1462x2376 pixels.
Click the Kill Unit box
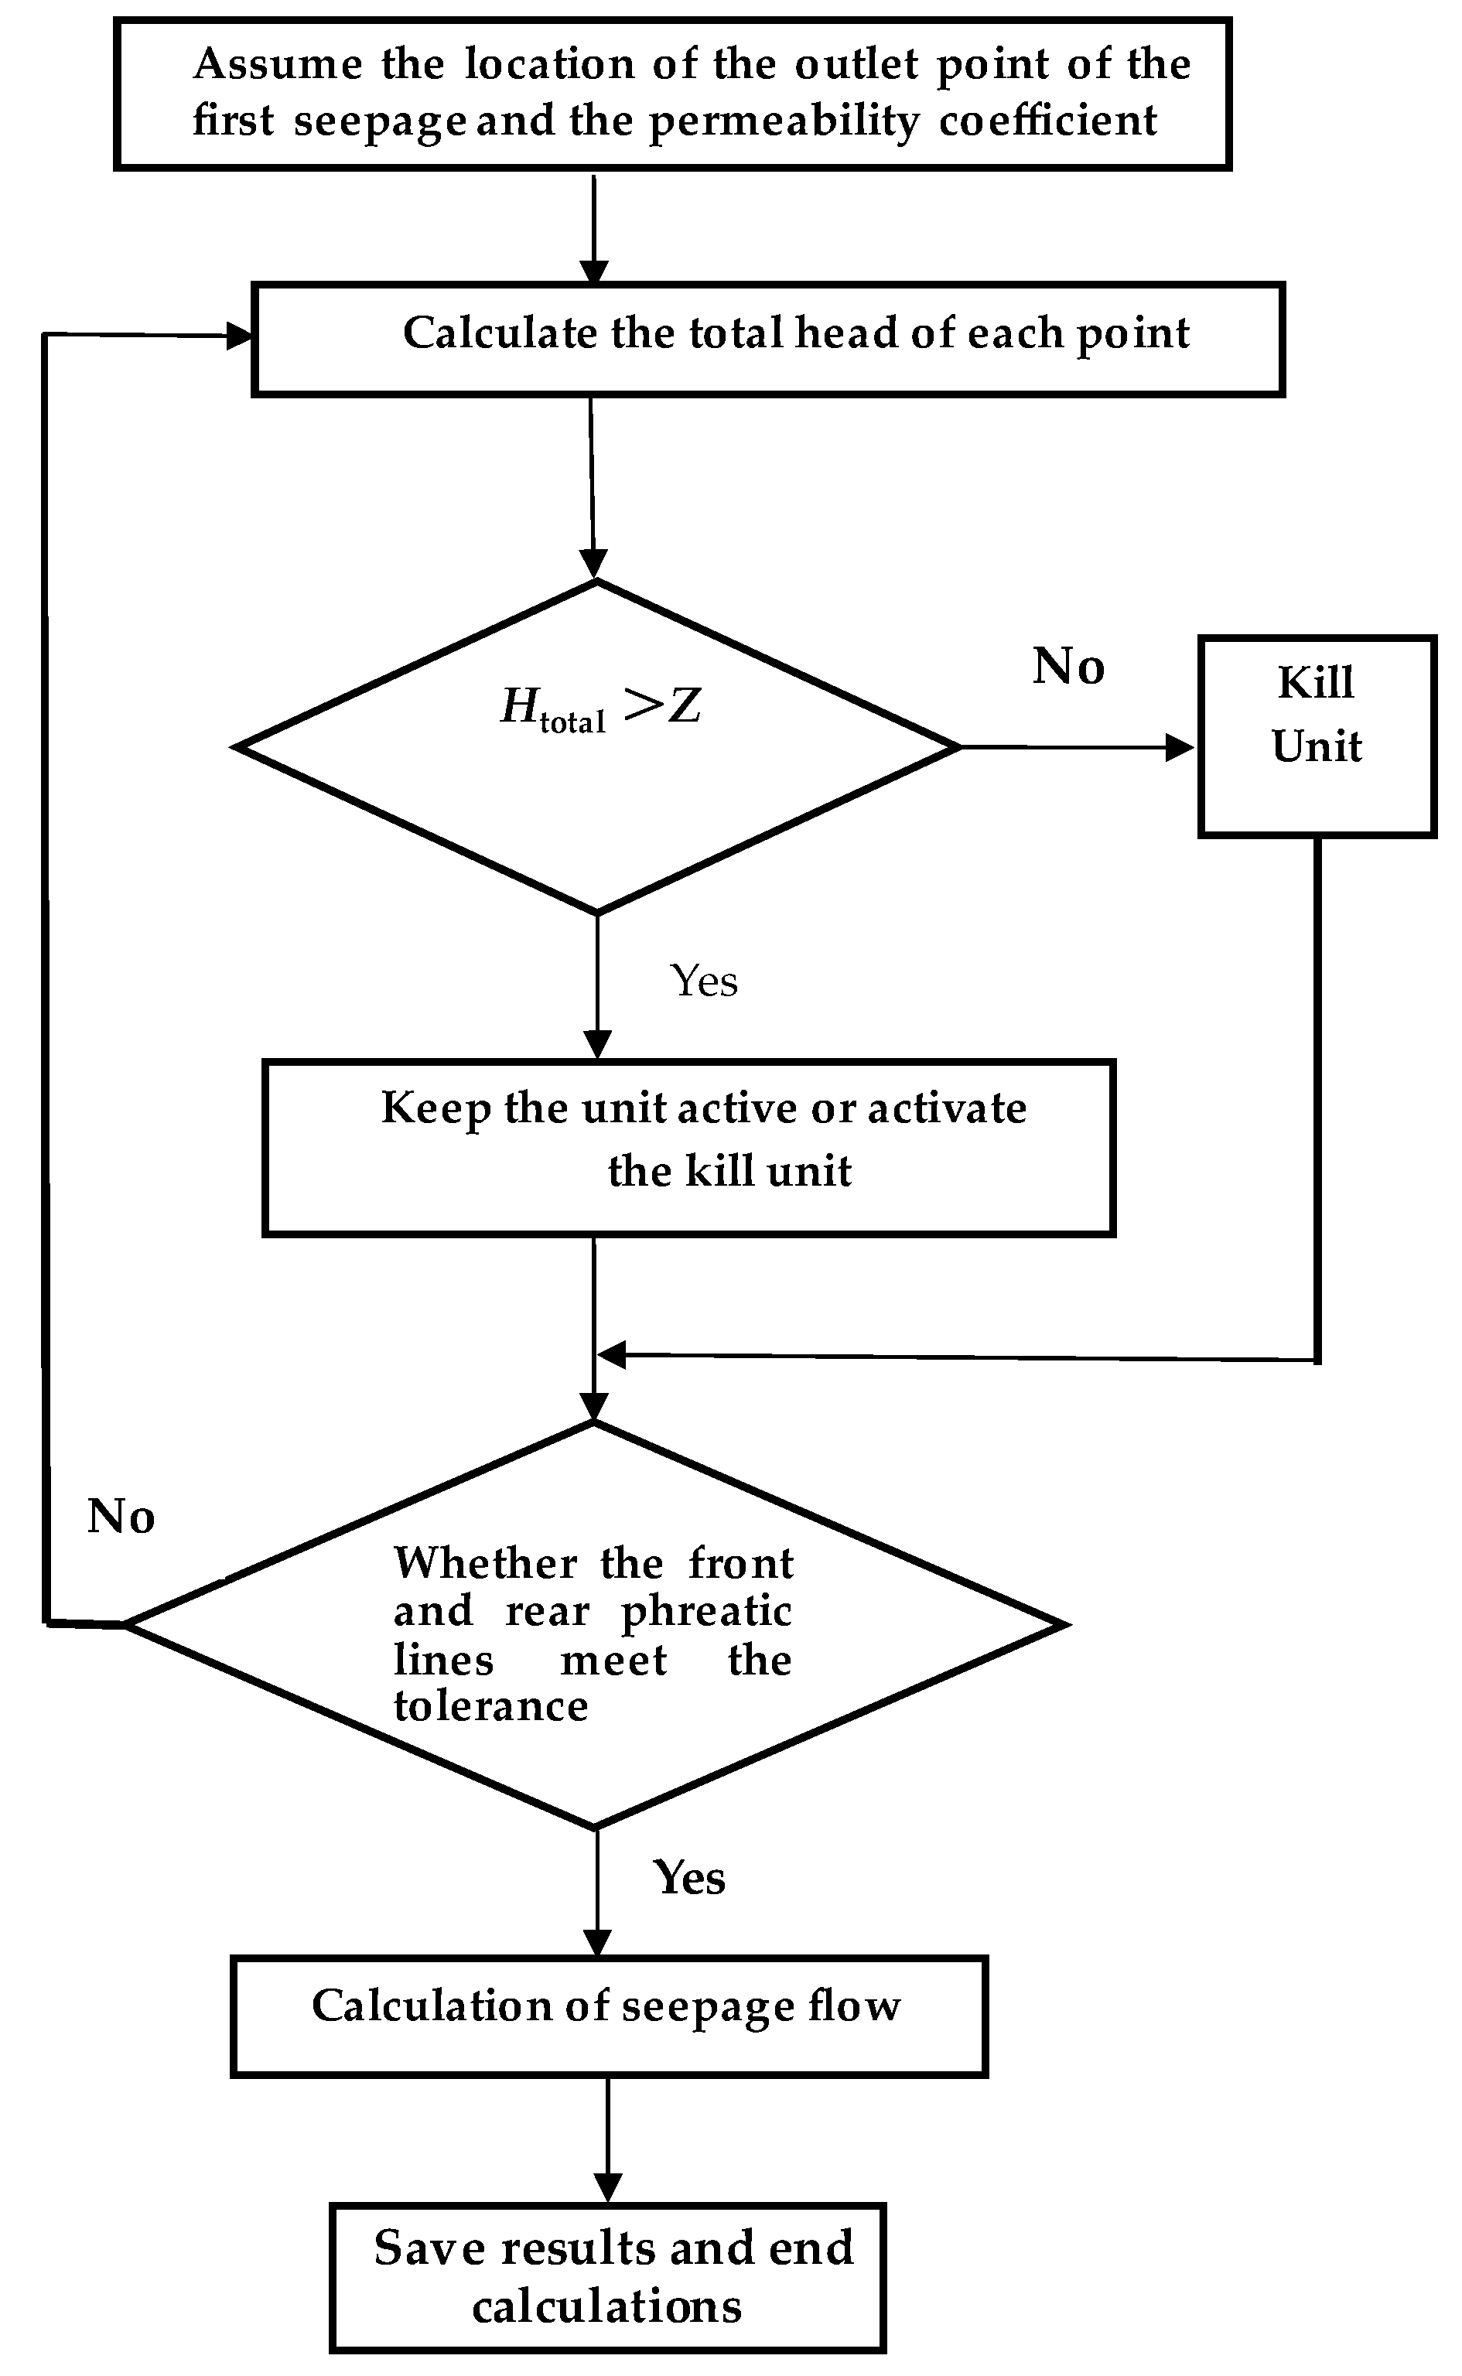(1316, 736)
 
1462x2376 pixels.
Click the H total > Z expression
(600, 708)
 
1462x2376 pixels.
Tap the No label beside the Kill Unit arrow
(1068, 666)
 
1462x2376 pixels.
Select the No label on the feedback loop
(121, 1517)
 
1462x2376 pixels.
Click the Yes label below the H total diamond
(704, 981)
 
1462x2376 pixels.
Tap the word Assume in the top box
(278, 65)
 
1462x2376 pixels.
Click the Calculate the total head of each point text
(795, 333)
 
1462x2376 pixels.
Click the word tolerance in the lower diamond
(491, 1706)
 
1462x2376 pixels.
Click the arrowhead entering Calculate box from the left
(238, 336)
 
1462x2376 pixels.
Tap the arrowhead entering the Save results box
(607, 2187)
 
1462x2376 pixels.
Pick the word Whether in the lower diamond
(486, 1563)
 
